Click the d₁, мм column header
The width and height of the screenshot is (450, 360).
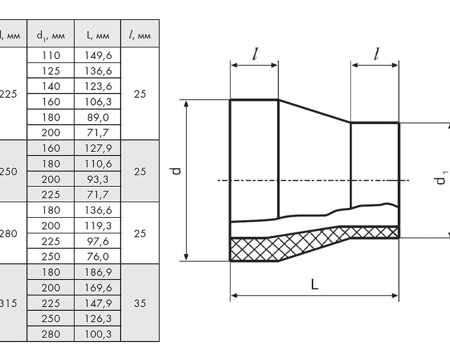[x=50, y=35]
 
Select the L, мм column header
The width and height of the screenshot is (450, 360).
[x=98, y=35]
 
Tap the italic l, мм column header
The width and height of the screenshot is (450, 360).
[x=140, y=35]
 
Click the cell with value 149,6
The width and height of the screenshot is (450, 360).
[x=98, y=55]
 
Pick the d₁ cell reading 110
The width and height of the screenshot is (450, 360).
[x=51, y=55]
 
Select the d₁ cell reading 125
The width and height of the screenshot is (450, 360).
[x=51, y=71]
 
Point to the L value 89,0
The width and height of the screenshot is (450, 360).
[x=98, y=118]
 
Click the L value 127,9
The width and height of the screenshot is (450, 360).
[x=98, y=148]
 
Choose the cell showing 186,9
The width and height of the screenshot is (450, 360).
[x=98, y=272]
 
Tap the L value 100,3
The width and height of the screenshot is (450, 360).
[x=98, y=334]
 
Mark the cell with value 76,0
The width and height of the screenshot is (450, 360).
[x=98, y=256]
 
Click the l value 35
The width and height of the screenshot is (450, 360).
[x=140, y=303]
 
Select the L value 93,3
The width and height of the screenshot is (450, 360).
[x=98, y=179]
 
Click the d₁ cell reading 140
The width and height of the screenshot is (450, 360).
[x=51, y=86]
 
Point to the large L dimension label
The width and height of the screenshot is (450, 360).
[x=314, y=285]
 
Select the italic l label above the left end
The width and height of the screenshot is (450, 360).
[x=255, y=54]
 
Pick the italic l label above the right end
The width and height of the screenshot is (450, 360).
[x=376, y=54]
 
